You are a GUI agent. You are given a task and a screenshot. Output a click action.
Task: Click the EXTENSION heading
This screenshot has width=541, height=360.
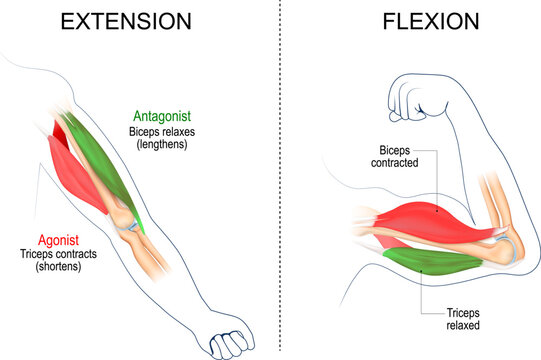click(130, 22)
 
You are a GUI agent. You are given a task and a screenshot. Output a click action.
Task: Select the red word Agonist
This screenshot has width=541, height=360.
click(59, 240)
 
